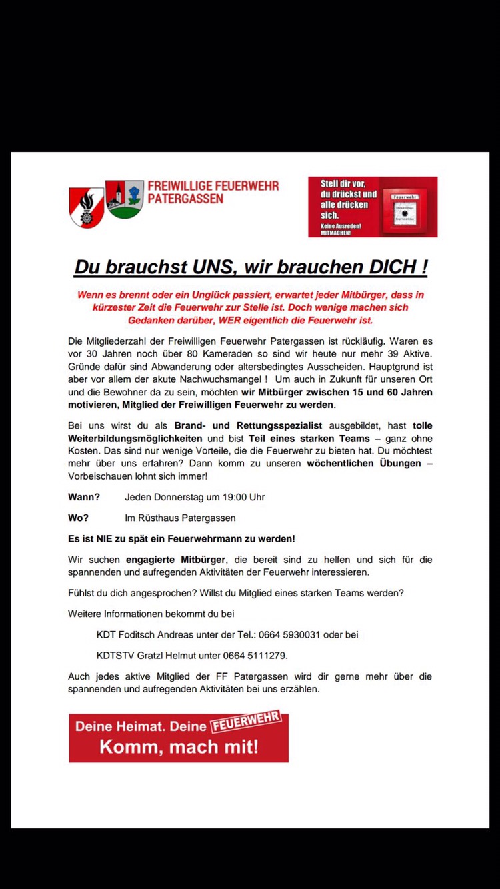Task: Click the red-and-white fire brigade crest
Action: [x=87, y=206]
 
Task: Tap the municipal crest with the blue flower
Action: [x=125, y=199]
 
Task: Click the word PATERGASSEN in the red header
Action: [x=185, y=199]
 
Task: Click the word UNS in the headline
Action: [x=205, y=267]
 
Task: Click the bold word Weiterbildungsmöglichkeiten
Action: [x=135, y=438]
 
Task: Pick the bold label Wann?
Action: [x=84, y=497]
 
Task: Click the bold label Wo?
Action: [x=78, y=518]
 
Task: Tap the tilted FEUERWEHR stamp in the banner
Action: [x=245, y=722]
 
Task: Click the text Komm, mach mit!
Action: [x=179, y=746]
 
